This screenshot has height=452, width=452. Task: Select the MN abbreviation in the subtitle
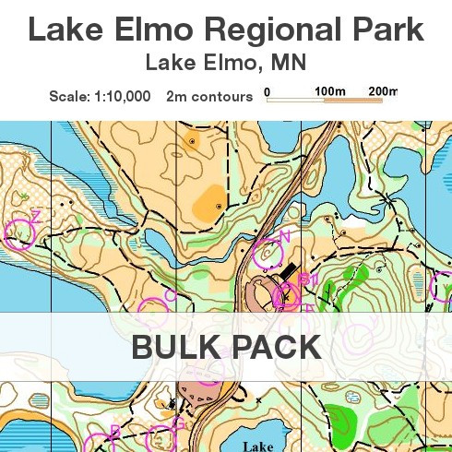(290, 64)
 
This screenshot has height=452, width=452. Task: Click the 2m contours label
(209, 95)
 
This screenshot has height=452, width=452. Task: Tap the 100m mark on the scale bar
(328, 91)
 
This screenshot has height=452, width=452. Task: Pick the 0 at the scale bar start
(267, 91)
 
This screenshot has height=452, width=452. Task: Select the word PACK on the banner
(275, 347)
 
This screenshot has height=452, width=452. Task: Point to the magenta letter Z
(36, 215)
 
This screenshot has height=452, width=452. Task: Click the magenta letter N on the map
(285, 236)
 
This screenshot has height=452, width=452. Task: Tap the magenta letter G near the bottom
(178, 423)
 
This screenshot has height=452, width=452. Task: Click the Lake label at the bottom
(258, 446)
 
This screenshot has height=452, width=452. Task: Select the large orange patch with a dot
(211, 200)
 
